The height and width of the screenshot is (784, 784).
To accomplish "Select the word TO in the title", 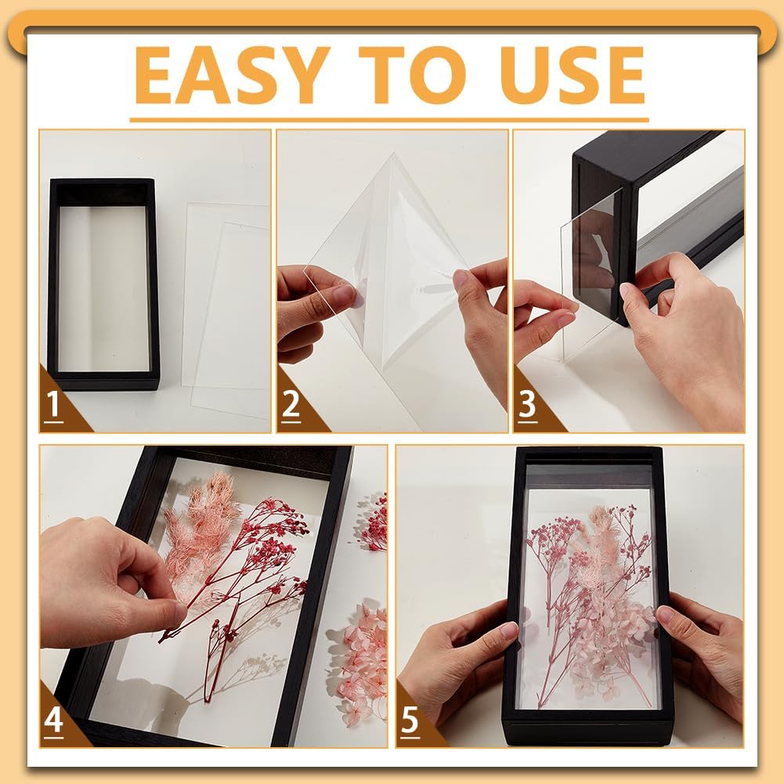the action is pos(413,75).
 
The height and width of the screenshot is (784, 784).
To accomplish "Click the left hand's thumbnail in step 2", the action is pos(345,295).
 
